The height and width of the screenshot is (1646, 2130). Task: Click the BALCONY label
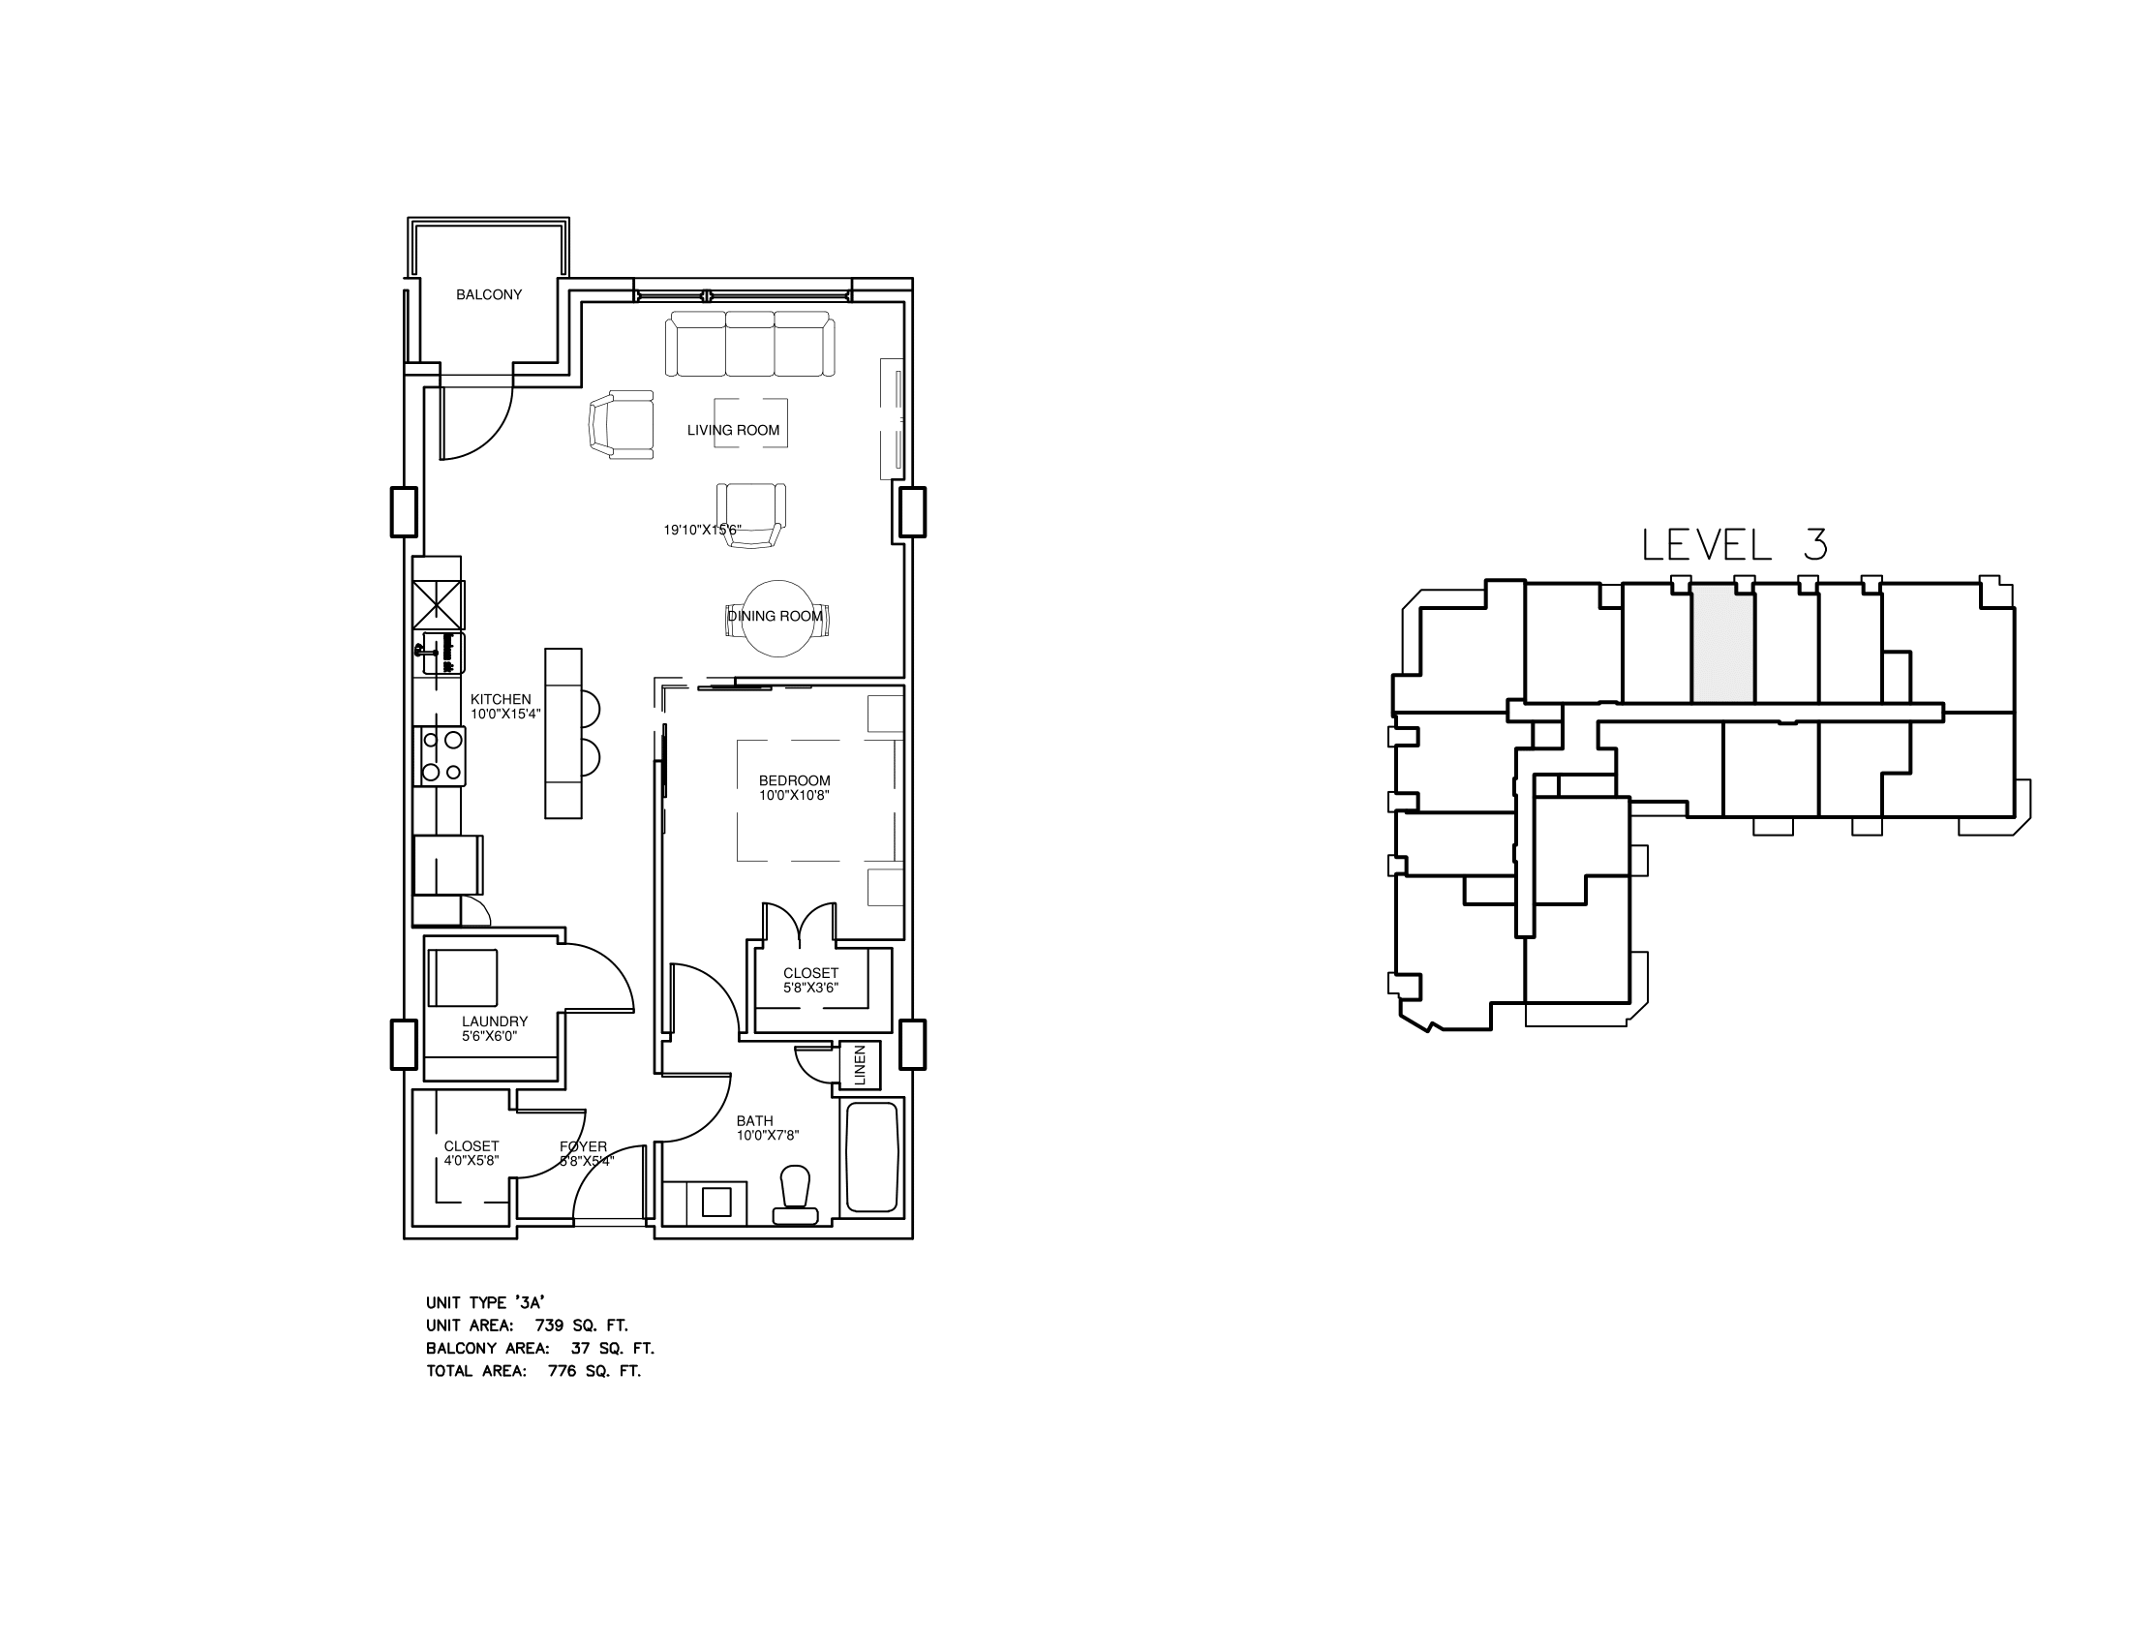[x=489, y=294]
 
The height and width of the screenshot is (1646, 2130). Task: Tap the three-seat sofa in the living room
[x=750, y=345]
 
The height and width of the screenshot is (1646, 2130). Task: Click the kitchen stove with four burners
[x=441, y=757]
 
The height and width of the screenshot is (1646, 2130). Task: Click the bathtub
[x=872, y=1157]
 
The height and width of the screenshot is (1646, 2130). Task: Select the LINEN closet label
[x=860, y=1065]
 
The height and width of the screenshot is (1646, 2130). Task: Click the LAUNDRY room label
[x=495, y=1021]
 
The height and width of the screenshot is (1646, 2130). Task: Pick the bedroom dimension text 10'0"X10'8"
[x=795, y=796]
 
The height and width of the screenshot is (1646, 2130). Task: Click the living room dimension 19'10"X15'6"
[x=702, y=531]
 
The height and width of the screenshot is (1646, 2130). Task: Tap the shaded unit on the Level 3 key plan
[x=1722, y=644]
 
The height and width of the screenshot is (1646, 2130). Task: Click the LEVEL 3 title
[x=1734, y=545]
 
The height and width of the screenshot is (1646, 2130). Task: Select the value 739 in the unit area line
[x=550, y=1326]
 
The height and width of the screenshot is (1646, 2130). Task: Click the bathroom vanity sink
[x=716, y=1203]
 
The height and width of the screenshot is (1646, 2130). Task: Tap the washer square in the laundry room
[x=463, y=977]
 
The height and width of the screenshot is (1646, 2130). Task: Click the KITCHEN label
[x=501, y=699]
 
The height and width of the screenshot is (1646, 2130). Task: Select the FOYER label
[x=583, y=1146]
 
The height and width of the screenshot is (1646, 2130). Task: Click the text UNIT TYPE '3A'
[x=485, y=1302]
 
